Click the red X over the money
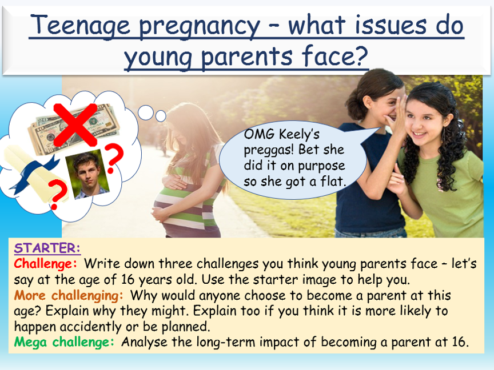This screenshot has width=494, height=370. click(x=75, y=124)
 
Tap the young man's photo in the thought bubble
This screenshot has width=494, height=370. click(x=87, y=174)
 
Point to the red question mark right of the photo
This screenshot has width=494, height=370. click(x=113, y=158)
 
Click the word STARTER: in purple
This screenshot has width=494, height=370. click(x=47, y=248)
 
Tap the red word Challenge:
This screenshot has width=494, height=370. click(x=45, y=263)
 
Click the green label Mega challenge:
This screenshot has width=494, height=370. click(x=64, y=342)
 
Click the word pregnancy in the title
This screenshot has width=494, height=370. click(x=200, y=26)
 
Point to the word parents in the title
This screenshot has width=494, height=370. click(x=246, y=57)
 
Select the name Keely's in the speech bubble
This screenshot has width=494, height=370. click(x=299, y=134)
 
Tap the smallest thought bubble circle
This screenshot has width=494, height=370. click(x=161, y=116)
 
